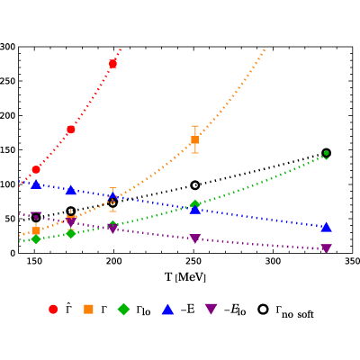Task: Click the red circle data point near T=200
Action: click(112, 64)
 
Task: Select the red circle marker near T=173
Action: click(71, 130)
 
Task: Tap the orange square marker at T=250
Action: click(195, 139)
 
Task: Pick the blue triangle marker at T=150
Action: click(36, 184)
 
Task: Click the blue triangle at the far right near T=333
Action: click(327, 228)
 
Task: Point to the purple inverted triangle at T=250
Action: click(195, 238)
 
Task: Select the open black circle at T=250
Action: click(195, 185)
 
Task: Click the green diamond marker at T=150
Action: click(36, 239)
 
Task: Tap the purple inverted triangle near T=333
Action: click(327, 248)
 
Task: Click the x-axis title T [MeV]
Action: click(185, 277)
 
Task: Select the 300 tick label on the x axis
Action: click(273, 261)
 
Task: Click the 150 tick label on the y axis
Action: click(7, 150)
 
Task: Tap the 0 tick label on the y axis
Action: click(13, 253)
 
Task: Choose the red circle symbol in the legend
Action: click(53, 310)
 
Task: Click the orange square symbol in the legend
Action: click(88, 310)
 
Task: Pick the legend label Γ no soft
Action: click(294, 311)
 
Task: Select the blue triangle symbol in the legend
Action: click(168, 310)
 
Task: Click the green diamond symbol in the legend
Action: click(123, 310)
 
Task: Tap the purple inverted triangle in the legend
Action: click(211, 310)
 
